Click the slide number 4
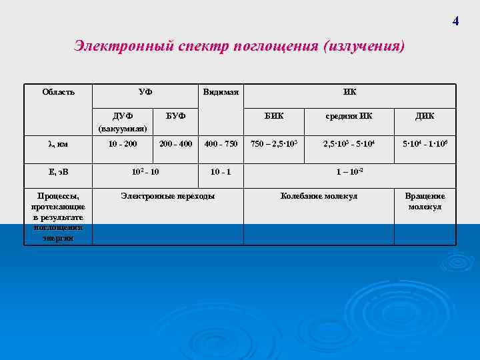point(455,21)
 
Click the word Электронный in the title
point(124,47)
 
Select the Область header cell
point(58,91)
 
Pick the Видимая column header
point(221,91)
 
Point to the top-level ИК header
point(349,91)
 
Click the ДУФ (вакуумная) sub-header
point(123,121)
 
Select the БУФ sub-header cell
point(175,116)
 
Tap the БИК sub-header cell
point(273,116)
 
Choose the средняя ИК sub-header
point(349,116)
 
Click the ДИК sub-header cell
point(425,116)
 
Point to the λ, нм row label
point(58,143)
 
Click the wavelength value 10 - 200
point(123,143)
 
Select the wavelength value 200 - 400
point(175,143)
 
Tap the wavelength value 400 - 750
point(221,143)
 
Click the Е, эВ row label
point(58,171)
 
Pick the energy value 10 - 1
point(221,171)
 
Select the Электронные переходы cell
point(167,196)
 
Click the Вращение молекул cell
point(425,201)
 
